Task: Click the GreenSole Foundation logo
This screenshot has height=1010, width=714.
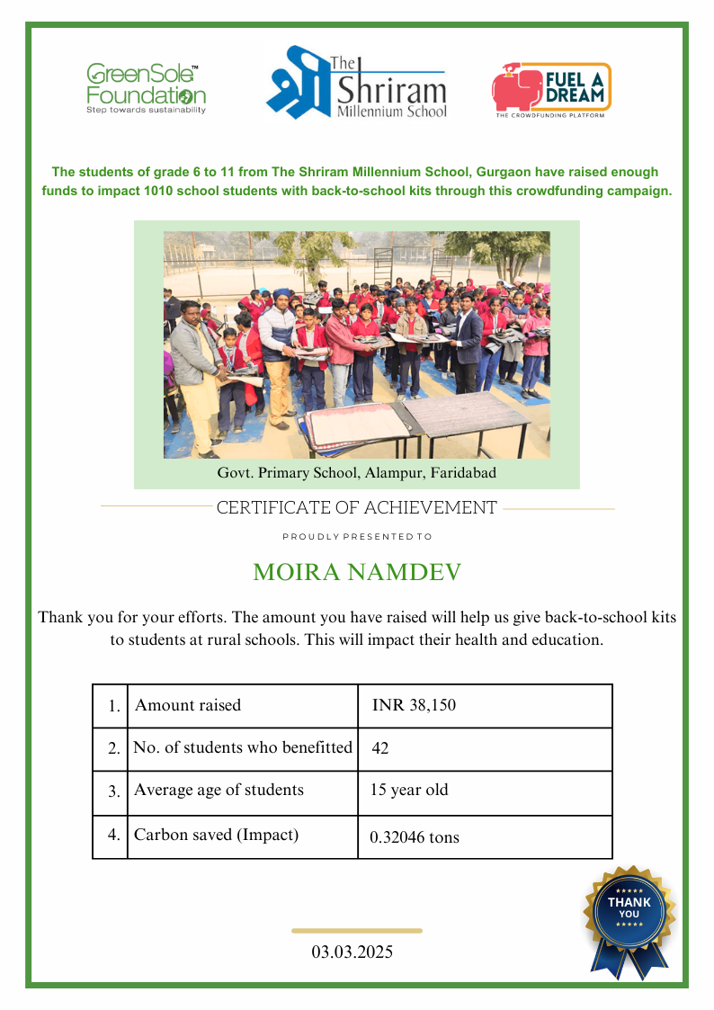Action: tap(145, 88)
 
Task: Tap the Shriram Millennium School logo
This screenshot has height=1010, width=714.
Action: tap(357, 84)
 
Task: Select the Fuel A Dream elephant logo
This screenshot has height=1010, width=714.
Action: tap(550, 90)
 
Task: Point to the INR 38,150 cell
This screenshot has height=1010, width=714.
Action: tap(414, 705)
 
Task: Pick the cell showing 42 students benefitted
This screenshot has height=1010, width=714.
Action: tap(380, 748)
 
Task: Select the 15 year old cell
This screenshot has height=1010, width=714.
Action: tap(409, 791)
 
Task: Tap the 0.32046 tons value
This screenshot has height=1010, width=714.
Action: tap(414, 837)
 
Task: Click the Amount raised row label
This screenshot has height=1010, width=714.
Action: tap(188, 705)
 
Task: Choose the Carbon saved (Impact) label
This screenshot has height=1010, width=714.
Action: tap(216, 835)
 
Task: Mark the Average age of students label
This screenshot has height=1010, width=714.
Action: tap(219, 791)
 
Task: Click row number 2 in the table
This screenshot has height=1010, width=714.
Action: tap(113, 749)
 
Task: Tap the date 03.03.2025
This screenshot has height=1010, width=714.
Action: tap(353, 952)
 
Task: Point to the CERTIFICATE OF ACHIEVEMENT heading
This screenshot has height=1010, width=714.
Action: tap(356, 508)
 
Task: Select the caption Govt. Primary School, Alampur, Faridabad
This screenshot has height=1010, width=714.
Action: tap(356, 472)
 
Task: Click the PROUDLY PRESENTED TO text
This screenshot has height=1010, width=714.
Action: tap(357, 537)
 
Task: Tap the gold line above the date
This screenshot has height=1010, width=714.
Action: tap(357, 931)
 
